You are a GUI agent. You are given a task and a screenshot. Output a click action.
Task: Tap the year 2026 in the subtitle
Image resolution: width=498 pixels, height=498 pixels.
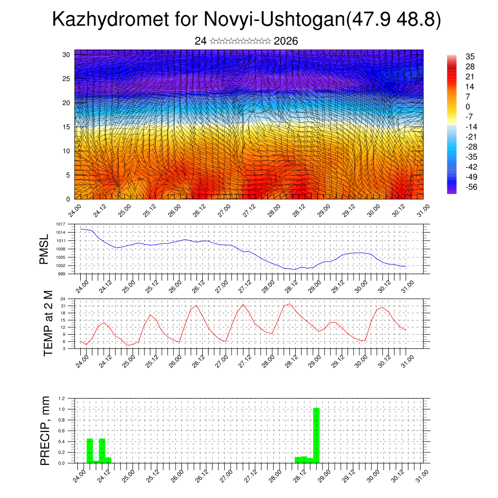click(x=286, y=41)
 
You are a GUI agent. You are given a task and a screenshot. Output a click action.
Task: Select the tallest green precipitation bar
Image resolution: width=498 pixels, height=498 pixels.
click(x=316, y=435)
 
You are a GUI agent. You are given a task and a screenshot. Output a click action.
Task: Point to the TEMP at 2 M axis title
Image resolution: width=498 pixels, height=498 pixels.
click(x=48, y=323)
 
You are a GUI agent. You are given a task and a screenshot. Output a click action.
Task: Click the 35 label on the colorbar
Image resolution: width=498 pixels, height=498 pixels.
click(x=470, y=56)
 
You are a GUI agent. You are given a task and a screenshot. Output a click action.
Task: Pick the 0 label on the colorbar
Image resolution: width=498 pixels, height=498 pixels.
click(x=467, y=107)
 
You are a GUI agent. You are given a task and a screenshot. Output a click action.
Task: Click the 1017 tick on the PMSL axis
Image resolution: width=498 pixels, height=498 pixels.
click(x=60, y=224)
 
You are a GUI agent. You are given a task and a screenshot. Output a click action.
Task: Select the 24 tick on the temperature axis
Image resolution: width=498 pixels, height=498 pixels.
click(x=63, y=299)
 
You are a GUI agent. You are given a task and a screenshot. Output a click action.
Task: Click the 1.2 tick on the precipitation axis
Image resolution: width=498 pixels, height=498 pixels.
click(x=62, y=398)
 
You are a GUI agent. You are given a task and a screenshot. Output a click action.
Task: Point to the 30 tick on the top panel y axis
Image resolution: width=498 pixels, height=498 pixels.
click(x=66, y=54)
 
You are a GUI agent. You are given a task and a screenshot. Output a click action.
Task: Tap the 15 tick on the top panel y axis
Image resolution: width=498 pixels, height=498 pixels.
click(x=66, y=127)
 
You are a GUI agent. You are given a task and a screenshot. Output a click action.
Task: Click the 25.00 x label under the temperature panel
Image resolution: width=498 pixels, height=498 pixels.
click(x=129, y=361)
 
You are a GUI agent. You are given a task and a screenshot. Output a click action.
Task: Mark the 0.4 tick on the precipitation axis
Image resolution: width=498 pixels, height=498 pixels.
click(x=62, y=442)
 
